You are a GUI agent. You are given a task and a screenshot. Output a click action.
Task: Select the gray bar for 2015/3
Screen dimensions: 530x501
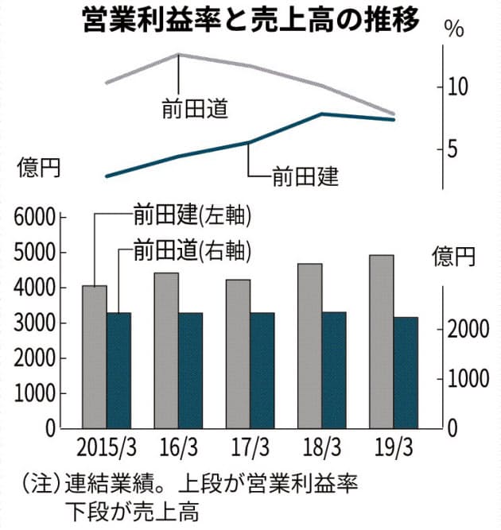[x=94, y=357]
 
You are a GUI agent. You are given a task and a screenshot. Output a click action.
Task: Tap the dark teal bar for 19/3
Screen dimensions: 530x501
[x=406, y=373]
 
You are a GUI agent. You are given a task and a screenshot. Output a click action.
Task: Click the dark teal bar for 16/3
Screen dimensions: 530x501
[x=190, y=370]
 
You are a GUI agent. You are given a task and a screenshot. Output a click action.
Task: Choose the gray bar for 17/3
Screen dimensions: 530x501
[x=238, y=354]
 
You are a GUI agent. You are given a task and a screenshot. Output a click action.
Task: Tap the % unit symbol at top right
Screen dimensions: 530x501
[x=454, y=32]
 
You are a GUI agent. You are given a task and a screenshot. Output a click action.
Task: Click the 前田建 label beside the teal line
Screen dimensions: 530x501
[x=305, y=175]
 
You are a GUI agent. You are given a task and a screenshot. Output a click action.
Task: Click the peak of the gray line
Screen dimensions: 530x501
[x=178, y=54]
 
